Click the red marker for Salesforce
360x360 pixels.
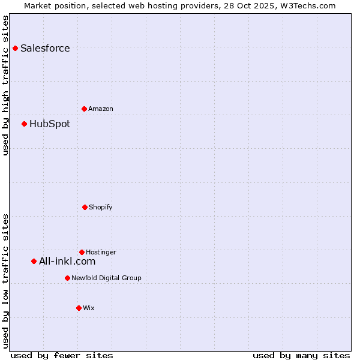[x=15, y=48]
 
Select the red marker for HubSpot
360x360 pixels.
[x=24, y=124]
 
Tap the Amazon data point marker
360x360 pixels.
[x=84, y=109]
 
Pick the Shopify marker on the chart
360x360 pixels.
[x=85, y=207]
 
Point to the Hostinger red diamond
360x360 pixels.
[x=82, y=252]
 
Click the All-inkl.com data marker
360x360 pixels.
[x=34, y=261]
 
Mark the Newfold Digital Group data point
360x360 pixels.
[x=67, y=278]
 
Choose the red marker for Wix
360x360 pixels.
[x=79, y=308]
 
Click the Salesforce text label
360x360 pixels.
[x=45, y=49]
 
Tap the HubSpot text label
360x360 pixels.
[x=50, y=124]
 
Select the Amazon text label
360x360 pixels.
[x=101, y=109]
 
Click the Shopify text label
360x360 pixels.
[x=101, y=208]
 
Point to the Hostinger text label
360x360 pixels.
[x=101, y=253]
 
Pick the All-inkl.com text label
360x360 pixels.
[x=67, y=262]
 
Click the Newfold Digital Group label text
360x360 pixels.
[x=106, y=278]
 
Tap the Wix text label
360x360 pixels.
[x=89, y=308]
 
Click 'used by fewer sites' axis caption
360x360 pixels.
[x=62, y=355]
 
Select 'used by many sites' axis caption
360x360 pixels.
[x=301, y=355]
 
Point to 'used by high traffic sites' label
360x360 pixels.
[x=5, y=85]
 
